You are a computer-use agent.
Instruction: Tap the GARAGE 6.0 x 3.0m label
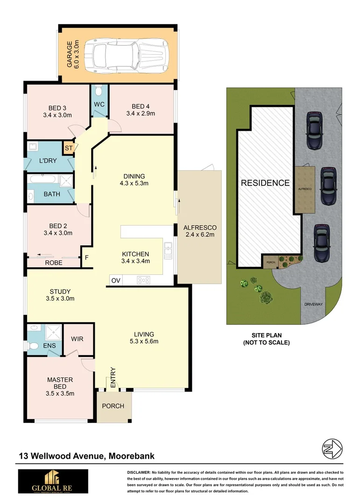[x=73, y=54]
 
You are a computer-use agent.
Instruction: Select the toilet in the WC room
[x=99, y=91]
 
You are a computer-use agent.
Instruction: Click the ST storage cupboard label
[x=69, y=148]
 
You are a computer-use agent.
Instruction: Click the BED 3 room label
[x=58, y=111]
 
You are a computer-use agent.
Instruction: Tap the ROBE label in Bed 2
[x=54, y=263]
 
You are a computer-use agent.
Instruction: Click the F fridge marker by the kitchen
[x=86, y=257]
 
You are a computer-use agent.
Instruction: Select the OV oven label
[x=115, y=280]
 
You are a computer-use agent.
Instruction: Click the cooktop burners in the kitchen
[x=143, y=280]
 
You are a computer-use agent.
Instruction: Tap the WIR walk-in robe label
[x=77, y=339]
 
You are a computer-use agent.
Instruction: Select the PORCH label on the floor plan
[x=113, y=406]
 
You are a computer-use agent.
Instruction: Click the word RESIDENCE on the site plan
[x=265, y=183]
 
